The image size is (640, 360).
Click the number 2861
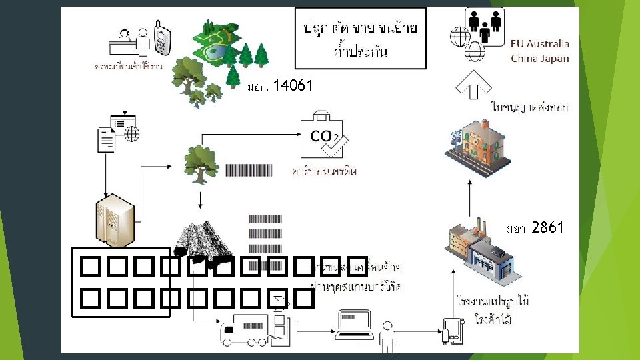coord(548,228)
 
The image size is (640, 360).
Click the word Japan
coord(555,58)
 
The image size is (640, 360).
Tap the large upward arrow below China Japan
coord(474,85)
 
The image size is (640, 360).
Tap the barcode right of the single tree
coord(249,170)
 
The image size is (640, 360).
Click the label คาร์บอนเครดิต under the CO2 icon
coord(325,171)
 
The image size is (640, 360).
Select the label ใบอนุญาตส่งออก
coord(529,107)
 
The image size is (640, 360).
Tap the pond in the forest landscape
coord(215,50)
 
